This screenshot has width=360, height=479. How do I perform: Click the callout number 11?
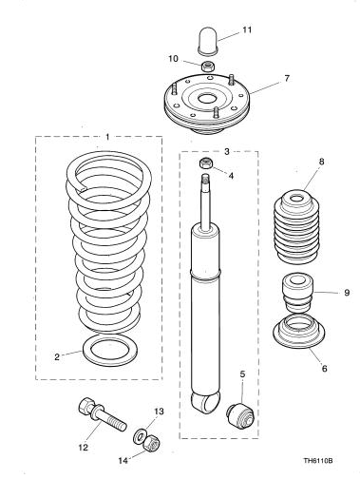(247, 29)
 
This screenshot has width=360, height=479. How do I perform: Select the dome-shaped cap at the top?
(208, 41)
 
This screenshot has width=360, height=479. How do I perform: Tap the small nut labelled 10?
(208, 67)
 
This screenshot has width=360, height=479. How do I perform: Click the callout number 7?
(287, 78)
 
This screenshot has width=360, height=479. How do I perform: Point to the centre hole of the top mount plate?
(208, 98)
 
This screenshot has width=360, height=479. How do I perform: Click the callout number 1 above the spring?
(107, 137)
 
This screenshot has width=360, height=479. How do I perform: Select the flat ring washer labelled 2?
(109, 352)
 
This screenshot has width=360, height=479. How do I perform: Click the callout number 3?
(227, 151)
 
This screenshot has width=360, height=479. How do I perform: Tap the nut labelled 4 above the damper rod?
(205, 163)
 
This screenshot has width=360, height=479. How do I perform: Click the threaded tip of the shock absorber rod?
(206, 179)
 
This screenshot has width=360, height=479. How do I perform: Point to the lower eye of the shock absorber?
(205, 402)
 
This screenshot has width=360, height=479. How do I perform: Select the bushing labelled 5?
(240, 415)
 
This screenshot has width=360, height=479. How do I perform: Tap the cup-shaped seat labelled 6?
(299, 332)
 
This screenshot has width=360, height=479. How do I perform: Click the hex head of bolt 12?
(85, 406)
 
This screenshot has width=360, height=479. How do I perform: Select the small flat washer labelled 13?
(139, 435)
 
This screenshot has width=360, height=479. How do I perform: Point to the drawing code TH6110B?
(318, 460)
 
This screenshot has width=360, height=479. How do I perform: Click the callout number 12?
(83, 448)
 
